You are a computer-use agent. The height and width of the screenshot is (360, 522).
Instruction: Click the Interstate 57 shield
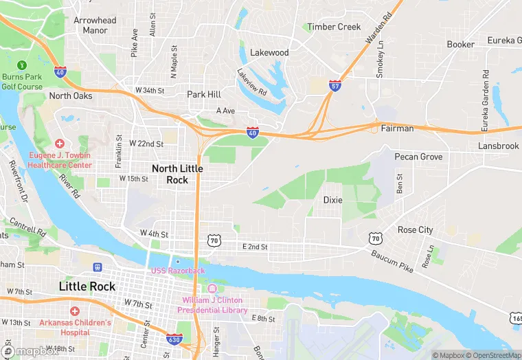click(335, 86)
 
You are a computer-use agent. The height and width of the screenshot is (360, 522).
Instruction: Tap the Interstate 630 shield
click(174, 340)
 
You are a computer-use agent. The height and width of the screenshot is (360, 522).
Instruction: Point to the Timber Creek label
click(334, 27)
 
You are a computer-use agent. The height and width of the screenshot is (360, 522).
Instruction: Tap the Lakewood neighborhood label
click(269, 52)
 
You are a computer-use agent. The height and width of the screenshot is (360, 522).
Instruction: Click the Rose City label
click(415, 230)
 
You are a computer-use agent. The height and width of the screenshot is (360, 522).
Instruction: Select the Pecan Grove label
click(418, 157)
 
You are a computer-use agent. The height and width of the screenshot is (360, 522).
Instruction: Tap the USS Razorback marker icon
click(178, 261)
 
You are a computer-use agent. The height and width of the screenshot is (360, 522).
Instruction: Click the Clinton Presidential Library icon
click(212, 289)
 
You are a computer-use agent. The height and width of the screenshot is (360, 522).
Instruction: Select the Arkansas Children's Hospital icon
click(74, 311)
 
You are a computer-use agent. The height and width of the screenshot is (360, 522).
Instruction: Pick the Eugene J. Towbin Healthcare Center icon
click(60, 144)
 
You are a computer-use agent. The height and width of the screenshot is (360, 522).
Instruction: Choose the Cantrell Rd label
click(28, 227)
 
